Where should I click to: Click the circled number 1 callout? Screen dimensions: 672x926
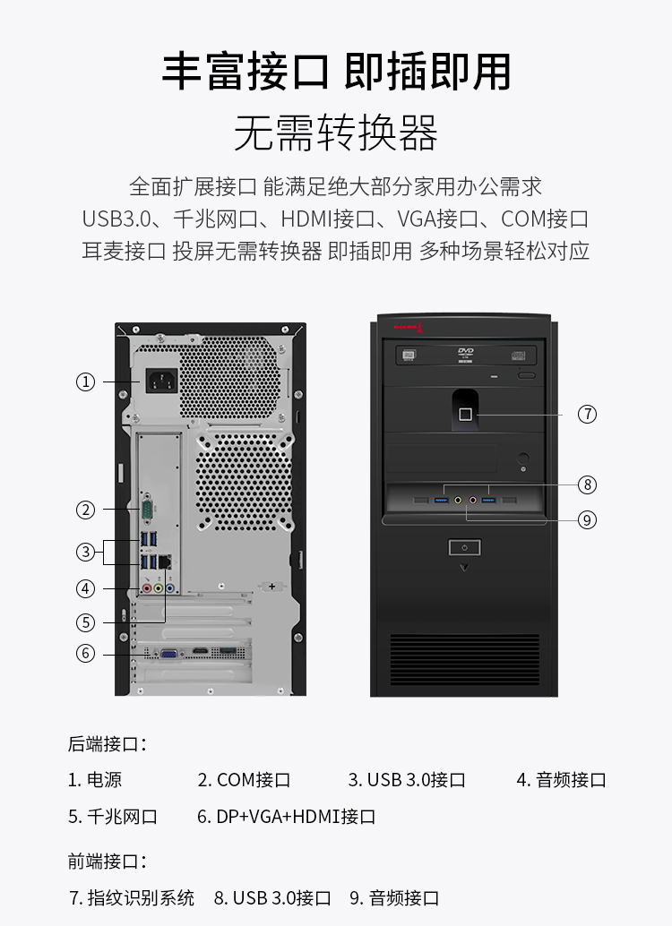pos(86,382)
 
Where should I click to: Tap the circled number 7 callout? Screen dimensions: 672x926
pos(587,414)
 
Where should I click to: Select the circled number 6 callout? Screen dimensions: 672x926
pos(86,653)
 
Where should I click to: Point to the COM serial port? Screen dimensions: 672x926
pos(147,509)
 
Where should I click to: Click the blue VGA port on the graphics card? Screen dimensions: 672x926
pos(169,654)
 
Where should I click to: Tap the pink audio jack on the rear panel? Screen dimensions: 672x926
pos(147,588)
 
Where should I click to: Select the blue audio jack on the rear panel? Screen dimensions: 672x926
pos(170,588)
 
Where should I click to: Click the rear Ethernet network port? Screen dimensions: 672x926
pos(166,561)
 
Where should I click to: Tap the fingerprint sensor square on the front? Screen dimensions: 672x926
pos(466,415)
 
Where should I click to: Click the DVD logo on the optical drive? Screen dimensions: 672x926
pos(466,354)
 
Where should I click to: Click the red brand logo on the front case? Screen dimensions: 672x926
pos(408,327)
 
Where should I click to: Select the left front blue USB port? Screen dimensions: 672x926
pos(442,501)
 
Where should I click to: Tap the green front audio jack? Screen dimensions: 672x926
pos(458,501)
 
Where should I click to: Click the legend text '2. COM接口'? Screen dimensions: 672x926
pos(244,779)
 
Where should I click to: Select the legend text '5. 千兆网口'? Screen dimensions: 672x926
pos(113,816)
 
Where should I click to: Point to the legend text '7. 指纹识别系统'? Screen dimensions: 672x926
pos(132,897)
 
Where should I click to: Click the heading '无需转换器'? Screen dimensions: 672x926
pos(336,133)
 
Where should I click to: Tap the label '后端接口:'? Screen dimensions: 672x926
pos(107,743)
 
